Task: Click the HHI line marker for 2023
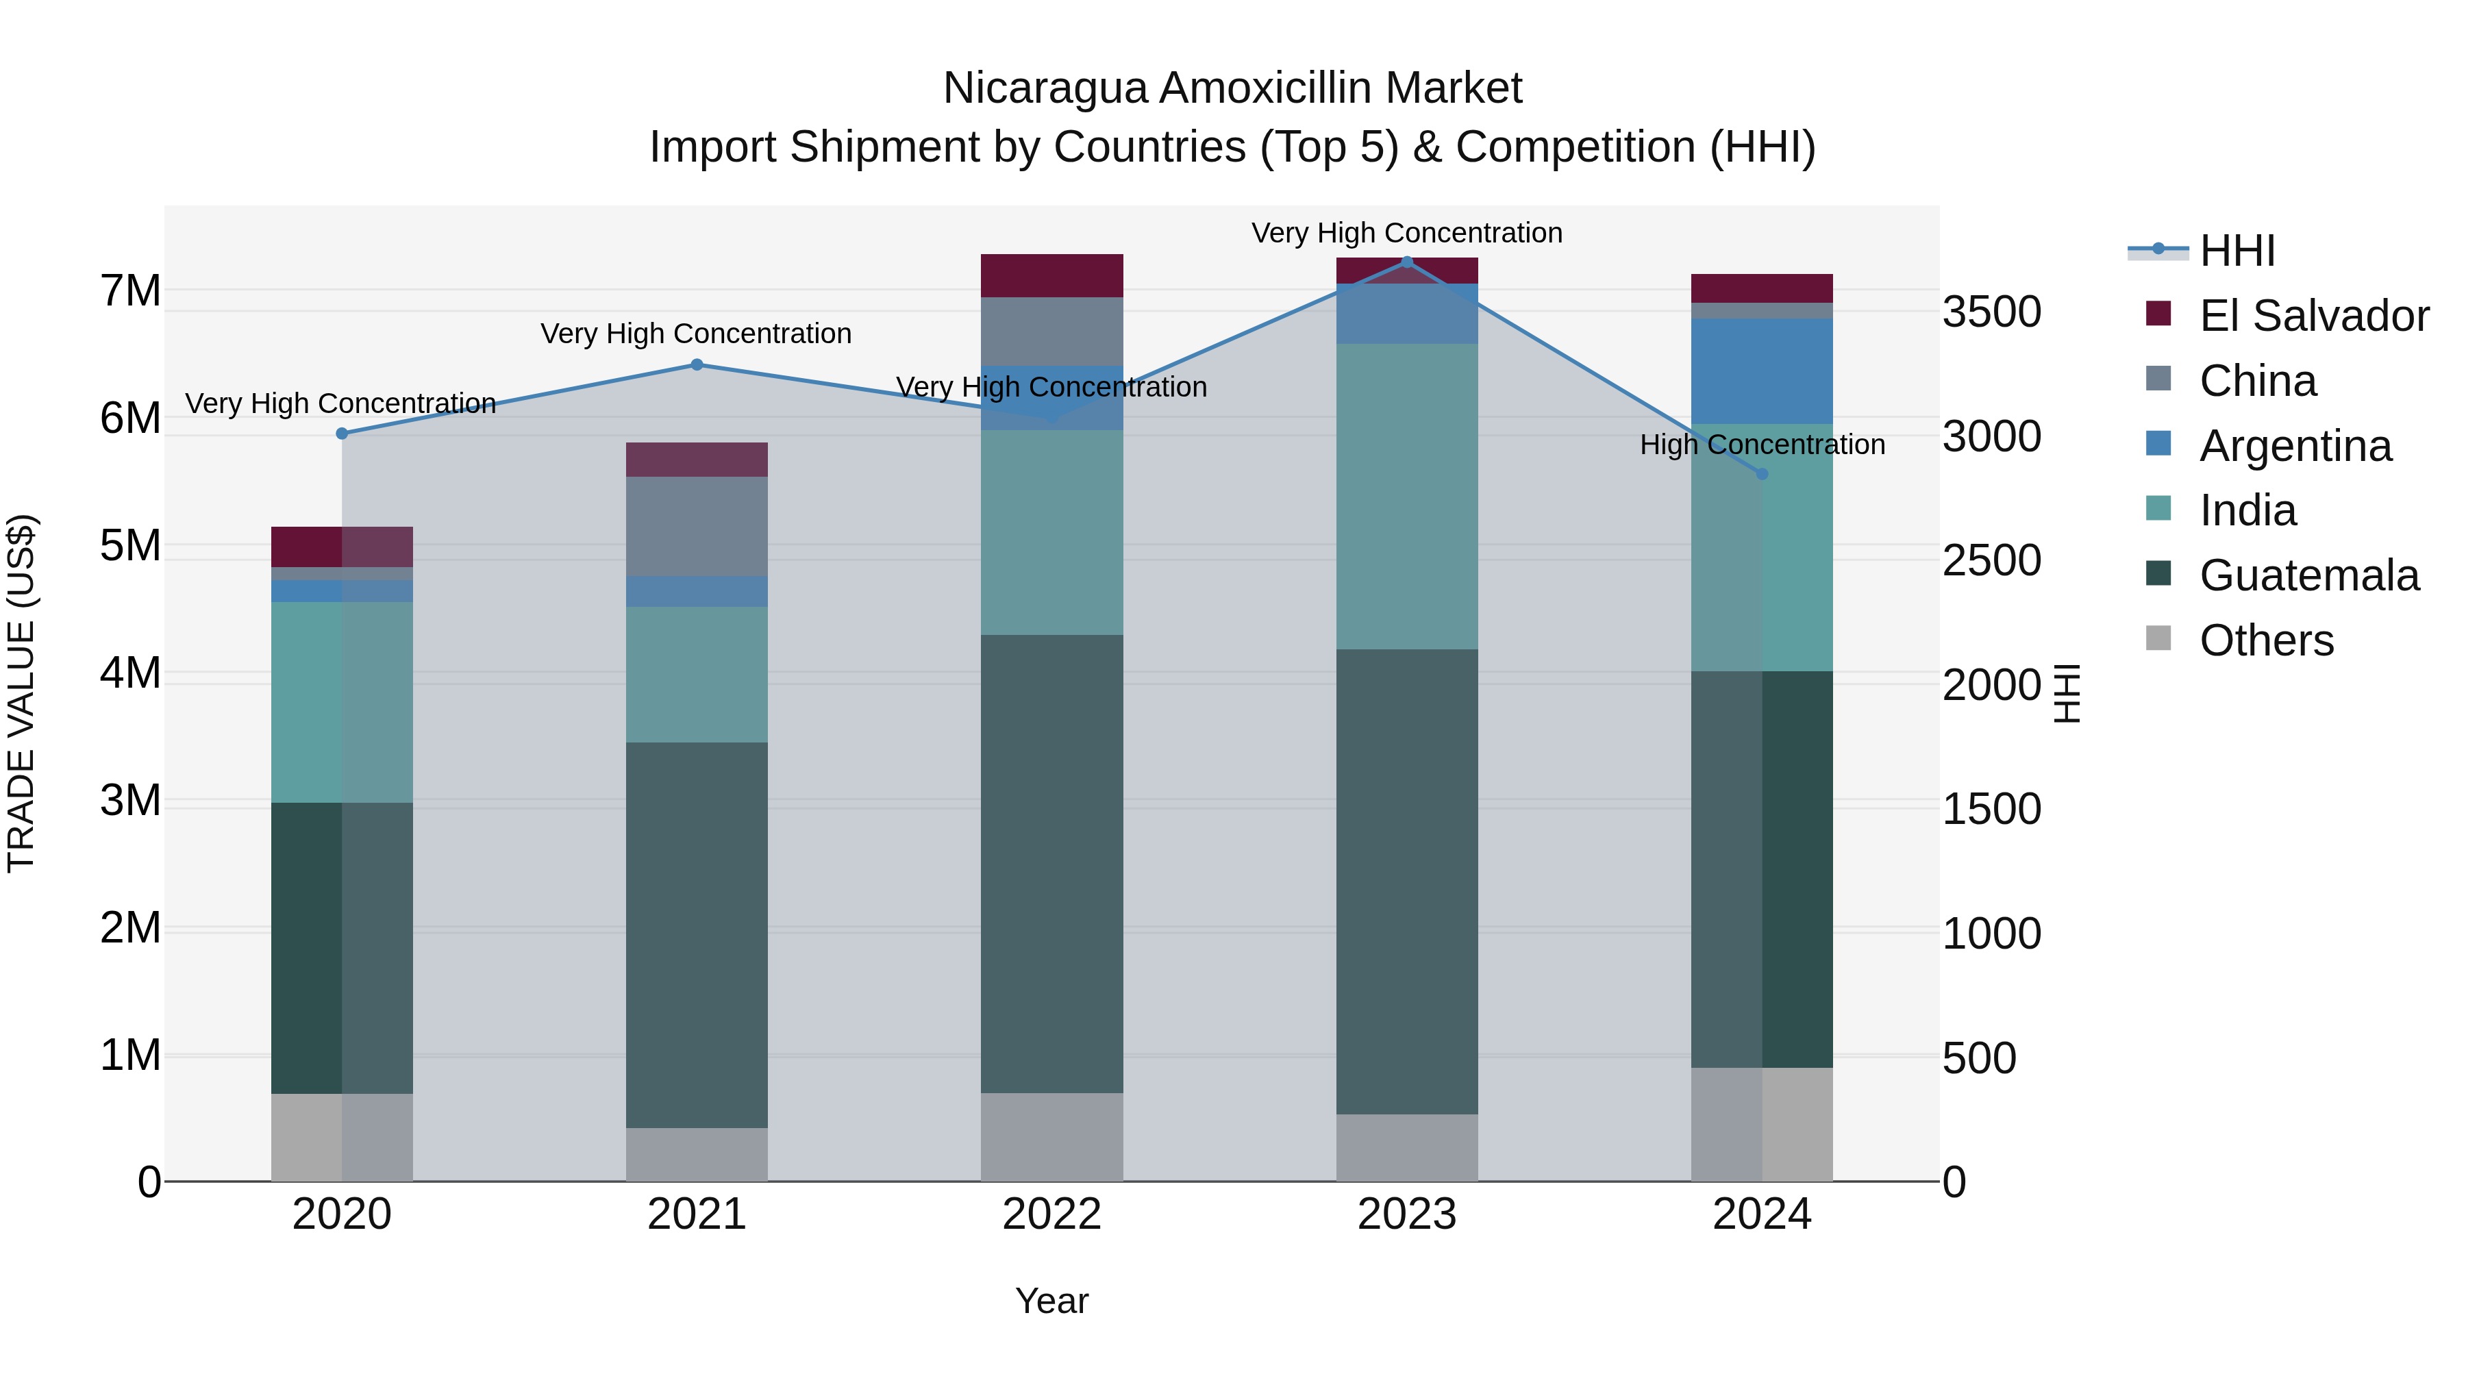(x=1406, y=262)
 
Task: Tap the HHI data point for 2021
(x=697, y=364)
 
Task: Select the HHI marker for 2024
(x=1761, y=474)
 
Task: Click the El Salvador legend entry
(x=2313, y=316)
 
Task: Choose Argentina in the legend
(x=2295, y=446)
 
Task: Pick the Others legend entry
(x=2266, y=640)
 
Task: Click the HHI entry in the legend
(x=2237, y=251)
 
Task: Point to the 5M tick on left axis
(x=130, y=546)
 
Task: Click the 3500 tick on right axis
(x=1991, y=312)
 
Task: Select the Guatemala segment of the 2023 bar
(x=1406, y=881)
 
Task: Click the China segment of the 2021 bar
(x=697, y=527)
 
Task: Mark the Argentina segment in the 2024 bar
(x=1761, y=371)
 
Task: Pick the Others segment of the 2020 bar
(x=342, y=1137)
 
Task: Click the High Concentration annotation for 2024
(x=1761, y=445)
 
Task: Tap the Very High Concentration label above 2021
(x=696, y=334)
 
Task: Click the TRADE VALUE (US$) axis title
(x=21, y=693)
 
